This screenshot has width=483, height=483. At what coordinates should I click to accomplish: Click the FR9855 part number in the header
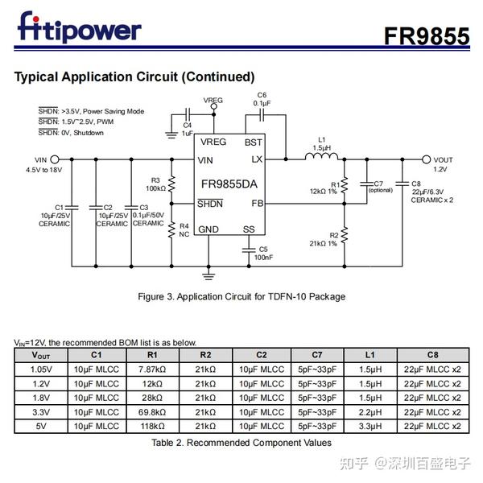pos(426,35)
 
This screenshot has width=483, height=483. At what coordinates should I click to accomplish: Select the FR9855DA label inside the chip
pos(229,183)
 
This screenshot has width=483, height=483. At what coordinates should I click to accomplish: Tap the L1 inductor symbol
pos(321,158)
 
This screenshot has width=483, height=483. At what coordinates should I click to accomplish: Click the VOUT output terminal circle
pos(426,160)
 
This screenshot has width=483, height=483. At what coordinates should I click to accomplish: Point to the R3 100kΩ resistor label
pos(155,184)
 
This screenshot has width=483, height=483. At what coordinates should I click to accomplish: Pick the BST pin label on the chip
pos(253,142)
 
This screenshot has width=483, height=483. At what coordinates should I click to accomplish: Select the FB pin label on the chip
pos(257,204)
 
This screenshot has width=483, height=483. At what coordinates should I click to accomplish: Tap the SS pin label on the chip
pos(249,229)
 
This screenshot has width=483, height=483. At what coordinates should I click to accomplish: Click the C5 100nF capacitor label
pos(263,253)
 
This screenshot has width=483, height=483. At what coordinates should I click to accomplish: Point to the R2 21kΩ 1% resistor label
pos(323,239)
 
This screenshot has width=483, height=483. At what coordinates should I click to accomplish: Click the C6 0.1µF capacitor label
pos(262,99)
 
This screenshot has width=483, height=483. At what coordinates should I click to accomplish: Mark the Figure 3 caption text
pos(242,296)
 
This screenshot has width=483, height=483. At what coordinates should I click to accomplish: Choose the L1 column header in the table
pos(369,354)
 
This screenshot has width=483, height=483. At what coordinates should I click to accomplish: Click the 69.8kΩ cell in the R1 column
pos(151,411)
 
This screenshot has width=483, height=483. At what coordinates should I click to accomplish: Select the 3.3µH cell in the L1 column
pos(369,426)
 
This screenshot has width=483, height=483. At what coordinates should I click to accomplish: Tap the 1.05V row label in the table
pos(40,369)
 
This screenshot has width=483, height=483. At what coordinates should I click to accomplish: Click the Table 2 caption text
pos(242,442)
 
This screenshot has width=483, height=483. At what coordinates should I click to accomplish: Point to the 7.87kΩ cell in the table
pos(151,369)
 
